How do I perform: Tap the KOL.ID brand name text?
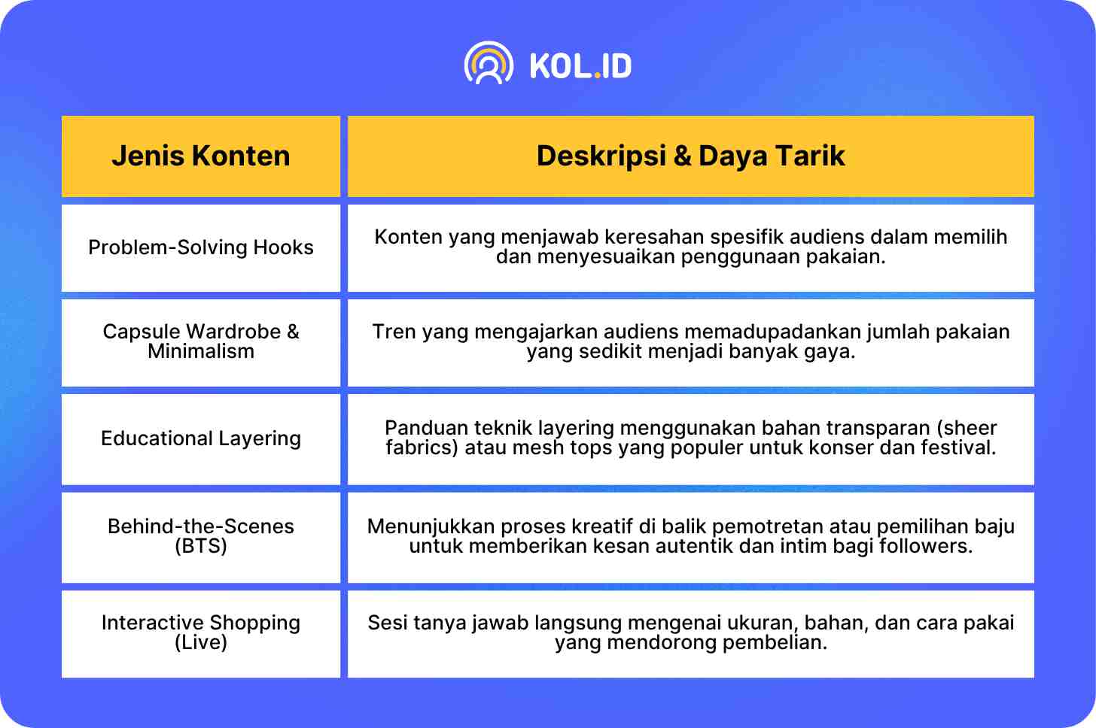(x=581, y=66)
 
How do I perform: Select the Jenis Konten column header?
(x=200, y=156)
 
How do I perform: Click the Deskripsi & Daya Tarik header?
(x=690, y=156)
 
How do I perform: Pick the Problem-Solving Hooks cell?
(x=200, y=247)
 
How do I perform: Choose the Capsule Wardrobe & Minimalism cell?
(x=200, y=341)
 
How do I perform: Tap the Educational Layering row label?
(x=200, y=438)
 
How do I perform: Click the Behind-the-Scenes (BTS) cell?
(x=200, y=536)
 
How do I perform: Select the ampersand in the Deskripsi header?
(x=682, y=156)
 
